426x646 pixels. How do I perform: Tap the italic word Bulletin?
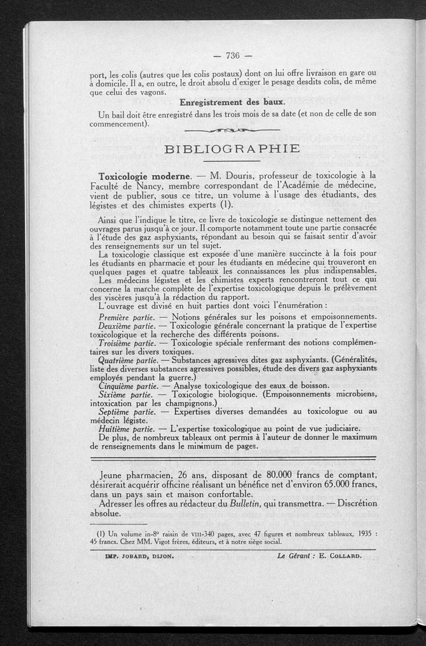point(253,504)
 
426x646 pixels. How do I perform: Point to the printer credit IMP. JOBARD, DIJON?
point(134,554)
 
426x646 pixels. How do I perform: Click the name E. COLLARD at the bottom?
point(340,554)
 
